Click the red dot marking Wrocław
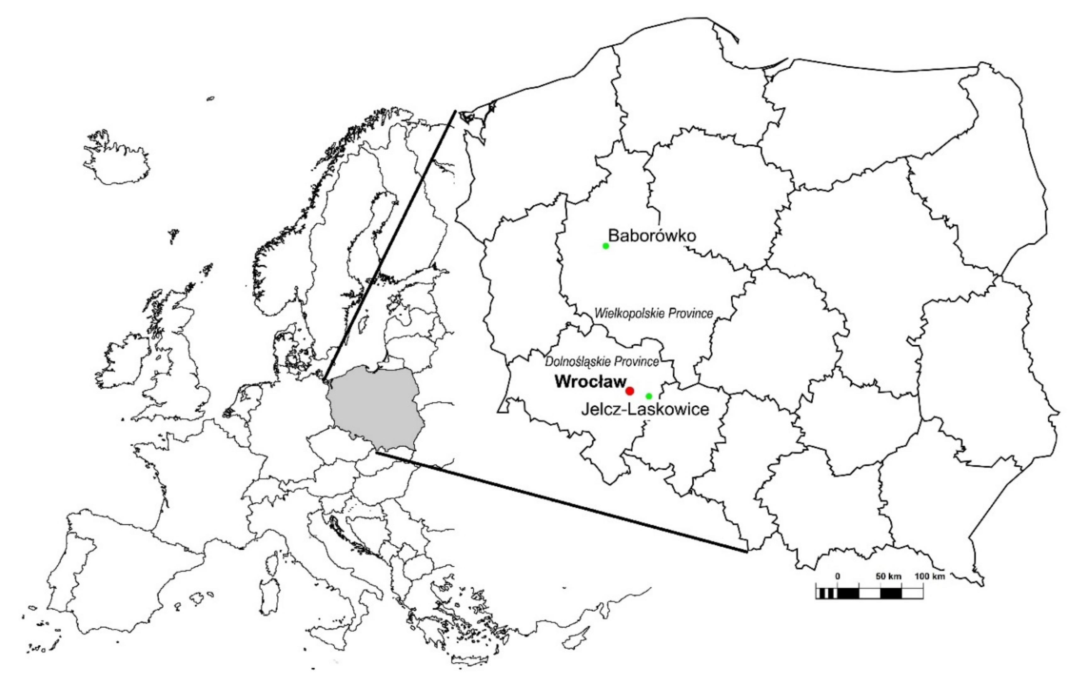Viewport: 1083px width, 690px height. coord(630,391)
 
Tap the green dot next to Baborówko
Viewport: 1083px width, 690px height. coord(606,246)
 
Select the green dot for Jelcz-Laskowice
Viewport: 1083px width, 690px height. coord(649,396)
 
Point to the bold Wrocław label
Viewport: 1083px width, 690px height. coord(590,382)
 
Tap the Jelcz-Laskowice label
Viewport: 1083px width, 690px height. coord(645,409)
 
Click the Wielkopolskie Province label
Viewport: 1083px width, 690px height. coord(654,314)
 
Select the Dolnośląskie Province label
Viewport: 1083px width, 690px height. coord(602,361)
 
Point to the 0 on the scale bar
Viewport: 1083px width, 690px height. coord(837,576)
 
